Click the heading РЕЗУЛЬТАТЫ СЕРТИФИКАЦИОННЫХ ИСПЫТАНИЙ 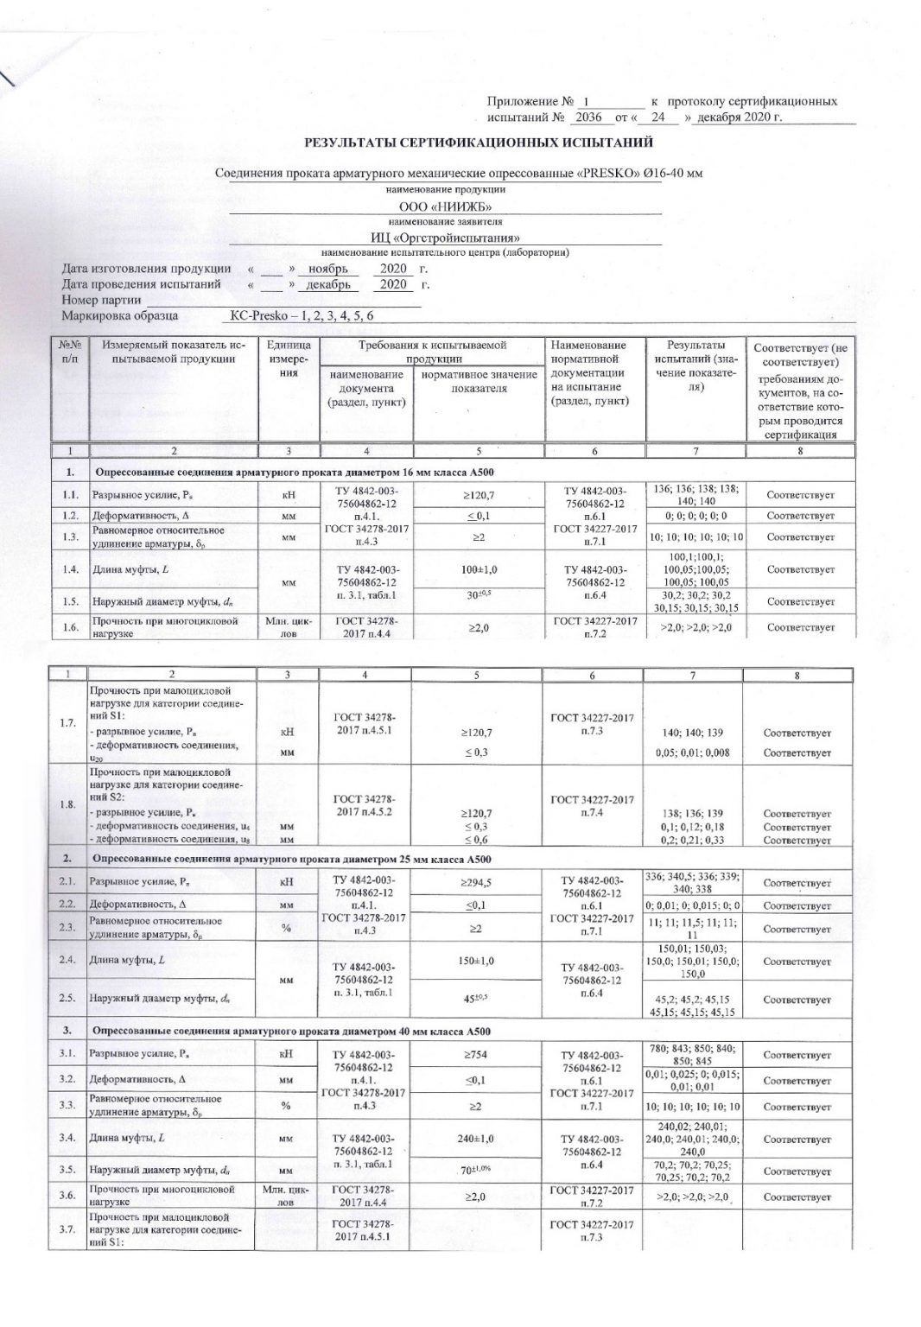[x=478, y=143]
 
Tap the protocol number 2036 [x=587, y=117]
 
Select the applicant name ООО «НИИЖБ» [x=445, y=206]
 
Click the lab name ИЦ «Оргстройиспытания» [x=445, y=238]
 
